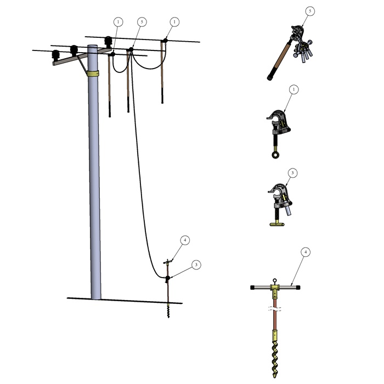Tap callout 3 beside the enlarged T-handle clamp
point(293,173)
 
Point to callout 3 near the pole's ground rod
point(196,264)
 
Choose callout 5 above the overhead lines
point(142,21)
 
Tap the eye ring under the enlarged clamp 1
point(274,154)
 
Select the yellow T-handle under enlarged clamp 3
point(279,224)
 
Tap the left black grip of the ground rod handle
point(255,287)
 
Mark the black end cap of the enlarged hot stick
point(270,77)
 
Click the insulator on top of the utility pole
point(109,42)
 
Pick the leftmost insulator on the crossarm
point(56,56)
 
